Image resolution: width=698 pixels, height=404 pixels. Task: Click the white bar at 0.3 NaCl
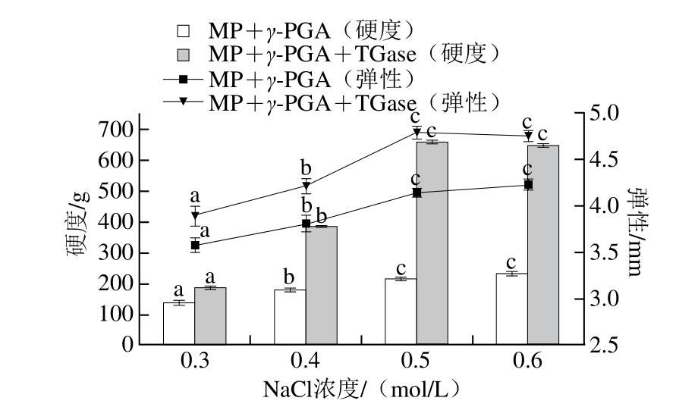point(179,324)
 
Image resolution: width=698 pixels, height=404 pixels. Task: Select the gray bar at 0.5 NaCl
point(432,243)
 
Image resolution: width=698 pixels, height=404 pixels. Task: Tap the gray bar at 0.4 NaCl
point(322,285)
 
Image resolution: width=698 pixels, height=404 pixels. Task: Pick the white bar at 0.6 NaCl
point(511,308)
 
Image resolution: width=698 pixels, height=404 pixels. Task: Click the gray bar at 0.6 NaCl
point(543,244)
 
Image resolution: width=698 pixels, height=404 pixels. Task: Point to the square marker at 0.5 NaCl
point(417,193)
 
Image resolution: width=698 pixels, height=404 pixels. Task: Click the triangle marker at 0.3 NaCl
point(195,215)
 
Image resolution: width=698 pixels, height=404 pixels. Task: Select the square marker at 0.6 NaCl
point(529,184)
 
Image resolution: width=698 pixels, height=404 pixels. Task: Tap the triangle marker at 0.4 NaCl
point(307,186)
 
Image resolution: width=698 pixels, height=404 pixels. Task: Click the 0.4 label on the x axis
point(307,362)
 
